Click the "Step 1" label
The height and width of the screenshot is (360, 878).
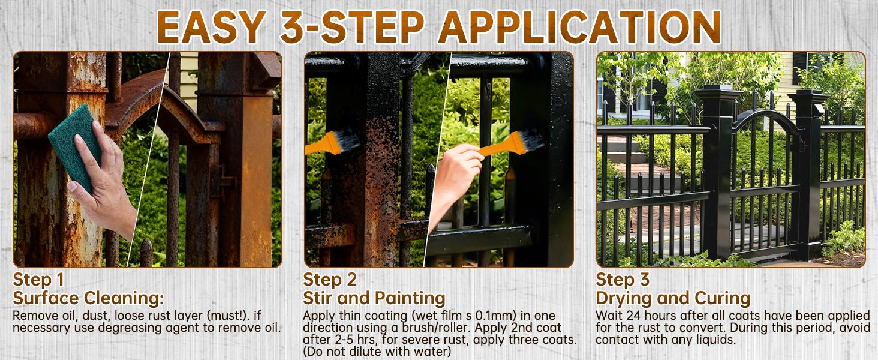pyautogui.click(x=38, y=280)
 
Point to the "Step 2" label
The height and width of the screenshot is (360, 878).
pyautogui.click(x=330, y=280)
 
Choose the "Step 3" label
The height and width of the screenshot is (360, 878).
pyautogui.click(x=623, y=280)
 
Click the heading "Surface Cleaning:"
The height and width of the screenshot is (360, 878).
pyautogui.click(x=88, y=298)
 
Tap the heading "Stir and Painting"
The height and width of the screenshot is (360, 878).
pyautogui.click(x=374, y=298)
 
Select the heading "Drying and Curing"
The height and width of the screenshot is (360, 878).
pyautogui.click(x=673, y=298)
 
